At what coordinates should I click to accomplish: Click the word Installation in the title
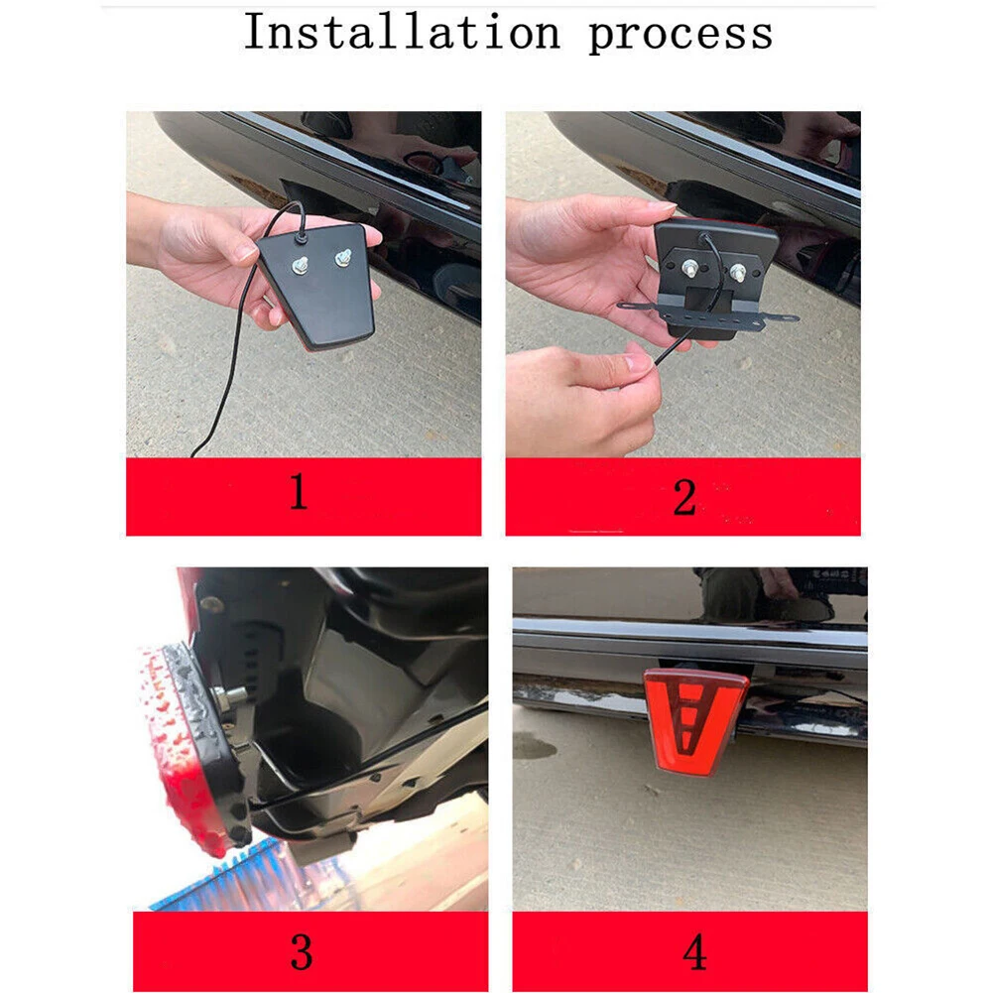pyautogui.click(x=402, y=32)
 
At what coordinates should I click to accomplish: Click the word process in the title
pyautogui.click(x=680, y=34)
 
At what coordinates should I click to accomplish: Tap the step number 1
pyautogui.click(x=298, y=493)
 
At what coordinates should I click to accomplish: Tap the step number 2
pyautogui.click(x=683, y=497)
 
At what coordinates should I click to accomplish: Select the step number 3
pyautogui.click(x=302, y=951)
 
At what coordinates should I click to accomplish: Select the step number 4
pyautogui.click(x=694, y=952)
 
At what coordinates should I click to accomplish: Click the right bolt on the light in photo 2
pyautogui.click(x=739, y=269)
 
